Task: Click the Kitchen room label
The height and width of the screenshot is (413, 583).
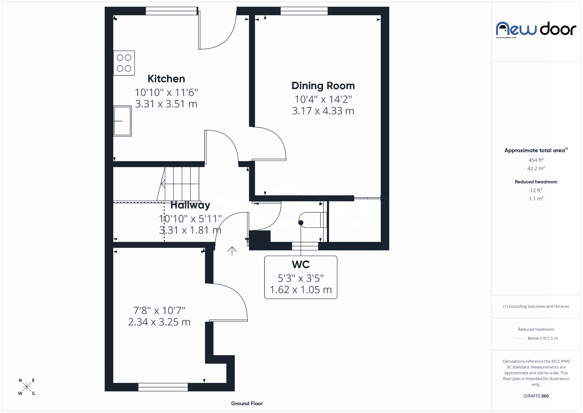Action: point(166,79)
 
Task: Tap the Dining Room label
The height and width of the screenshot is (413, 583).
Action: point(323,86)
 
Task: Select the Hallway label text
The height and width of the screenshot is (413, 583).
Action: point(190,205)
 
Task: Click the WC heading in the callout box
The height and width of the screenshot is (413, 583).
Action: point(301,265)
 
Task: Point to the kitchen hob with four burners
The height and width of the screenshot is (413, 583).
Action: point(124,63)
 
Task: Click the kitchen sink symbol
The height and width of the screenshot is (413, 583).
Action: point(122,121)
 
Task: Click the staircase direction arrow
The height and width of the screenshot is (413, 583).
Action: point(163,184)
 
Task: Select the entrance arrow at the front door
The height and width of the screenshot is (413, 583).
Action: point(232,251)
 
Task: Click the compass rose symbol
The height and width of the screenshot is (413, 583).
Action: point(27,387)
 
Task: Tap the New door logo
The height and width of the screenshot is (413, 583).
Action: point(536,29)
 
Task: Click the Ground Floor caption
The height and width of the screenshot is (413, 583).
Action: point(247,404)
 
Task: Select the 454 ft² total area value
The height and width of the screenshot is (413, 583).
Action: point(536,160)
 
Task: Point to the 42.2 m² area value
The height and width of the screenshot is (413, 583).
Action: point(536,168)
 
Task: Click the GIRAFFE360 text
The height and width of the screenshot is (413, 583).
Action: point(536,396)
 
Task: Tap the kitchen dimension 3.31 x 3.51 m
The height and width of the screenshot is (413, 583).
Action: point(166,104)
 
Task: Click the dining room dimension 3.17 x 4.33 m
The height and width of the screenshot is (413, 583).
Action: point(323,111)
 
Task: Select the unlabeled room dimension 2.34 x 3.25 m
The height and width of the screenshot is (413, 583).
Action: point(159,322)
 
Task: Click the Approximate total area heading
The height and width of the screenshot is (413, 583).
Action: point(535,150)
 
